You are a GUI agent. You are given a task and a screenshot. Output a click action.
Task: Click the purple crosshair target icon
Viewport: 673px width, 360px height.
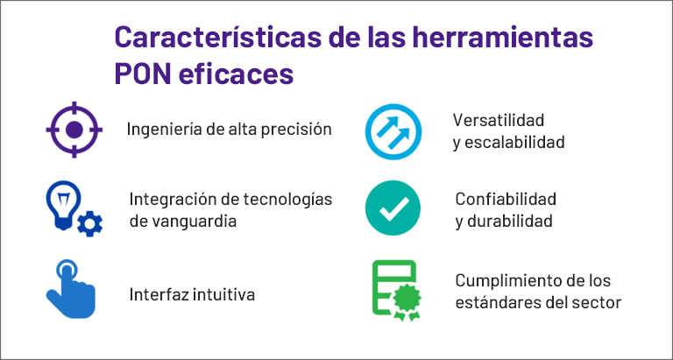pyautogui.click(x=74, y=130)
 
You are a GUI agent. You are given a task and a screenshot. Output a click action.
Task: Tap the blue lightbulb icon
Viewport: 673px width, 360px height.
pyautogui.click(x=63, y=205)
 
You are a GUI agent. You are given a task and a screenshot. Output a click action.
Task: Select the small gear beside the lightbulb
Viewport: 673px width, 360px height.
pyautogui.click(x=90, y=224)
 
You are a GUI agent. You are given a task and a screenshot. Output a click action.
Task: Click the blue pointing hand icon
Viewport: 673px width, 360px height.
pyautogui.click(x=71, y=289)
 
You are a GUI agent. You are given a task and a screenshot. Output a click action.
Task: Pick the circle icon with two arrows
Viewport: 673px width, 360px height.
pyautogui.click(x=393, y=131)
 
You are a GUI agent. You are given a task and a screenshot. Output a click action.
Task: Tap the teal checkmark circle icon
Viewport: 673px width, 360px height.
pyautogui.click(x=393, y=208)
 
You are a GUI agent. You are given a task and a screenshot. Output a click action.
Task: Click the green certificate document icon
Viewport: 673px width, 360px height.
pyautogui.click(x=396, y=291)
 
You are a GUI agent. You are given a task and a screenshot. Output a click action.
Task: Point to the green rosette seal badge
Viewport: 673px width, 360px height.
pyautogui.click(x=406, y=302)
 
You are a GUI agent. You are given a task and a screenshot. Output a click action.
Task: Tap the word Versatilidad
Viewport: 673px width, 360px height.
pyautogui.click(x=499, y=120)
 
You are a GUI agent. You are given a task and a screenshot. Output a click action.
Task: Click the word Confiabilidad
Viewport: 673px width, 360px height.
pyautogui.click(x=506, y=199)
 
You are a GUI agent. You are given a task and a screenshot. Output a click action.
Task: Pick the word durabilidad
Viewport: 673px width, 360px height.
pyautogui.click(x=510, y=222)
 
